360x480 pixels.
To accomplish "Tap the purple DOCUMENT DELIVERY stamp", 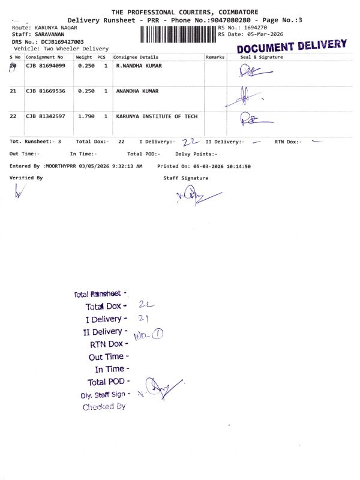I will (x=292, y=46).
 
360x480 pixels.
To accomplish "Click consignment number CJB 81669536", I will (x=44, y=91).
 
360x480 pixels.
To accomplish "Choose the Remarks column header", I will (x=215, y=57).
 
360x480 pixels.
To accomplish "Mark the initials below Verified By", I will (x=20, y=191).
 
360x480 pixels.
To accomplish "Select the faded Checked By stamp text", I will (x=104, y=407).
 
